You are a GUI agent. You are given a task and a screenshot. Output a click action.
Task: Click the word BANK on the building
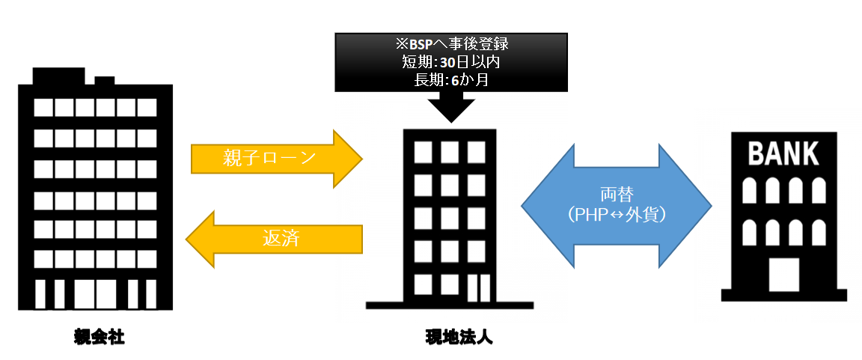pos(783,155)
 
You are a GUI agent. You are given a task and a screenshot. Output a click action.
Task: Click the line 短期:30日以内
pos(450,62)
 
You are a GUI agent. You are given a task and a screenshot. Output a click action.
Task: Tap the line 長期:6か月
pos(450,79)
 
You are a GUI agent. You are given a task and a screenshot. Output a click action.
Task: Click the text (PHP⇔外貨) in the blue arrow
pos(616,215)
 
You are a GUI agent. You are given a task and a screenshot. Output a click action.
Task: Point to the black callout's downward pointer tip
pos(450,120)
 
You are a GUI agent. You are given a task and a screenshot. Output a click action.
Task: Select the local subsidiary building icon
pos(450,217)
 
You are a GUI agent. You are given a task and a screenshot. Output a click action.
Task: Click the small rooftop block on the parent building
pos(105,79)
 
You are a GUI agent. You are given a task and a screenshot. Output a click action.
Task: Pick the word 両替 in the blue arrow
pos(616,194)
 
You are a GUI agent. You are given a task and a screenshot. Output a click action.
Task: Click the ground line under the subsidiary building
pos(450,305)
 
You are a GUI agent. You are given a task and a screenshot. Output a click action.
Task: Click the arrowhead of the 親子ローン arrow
pos(347,159)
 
